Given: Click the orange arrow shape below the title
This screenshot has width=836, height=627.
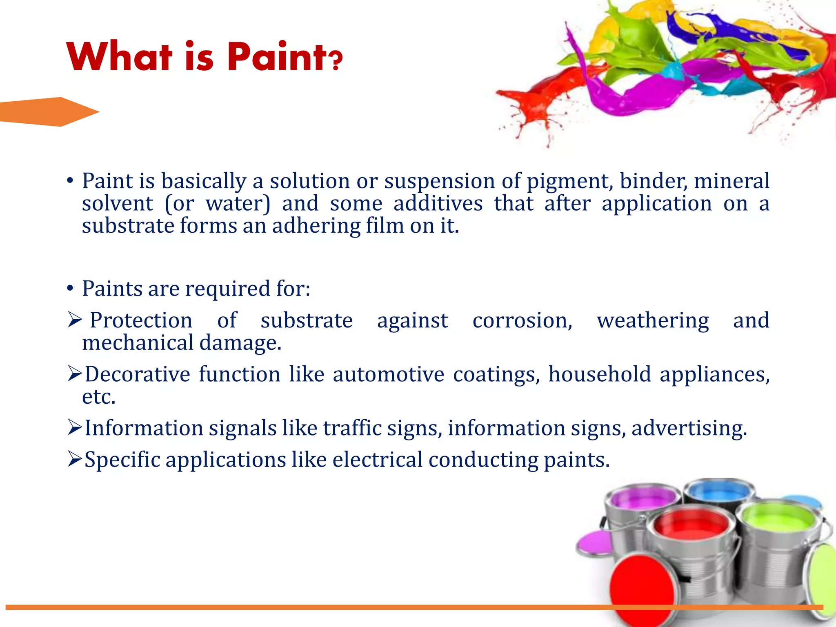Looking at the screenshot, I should pos(49,112).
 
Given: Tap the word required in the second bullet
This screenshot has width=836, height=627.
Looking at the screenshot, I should pos(228,289).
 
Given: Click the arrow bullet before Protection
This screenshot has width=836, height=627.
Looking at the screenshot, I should pos(75,320).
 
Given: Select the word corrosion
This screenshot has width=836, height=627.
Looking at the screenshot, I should pos(522,320).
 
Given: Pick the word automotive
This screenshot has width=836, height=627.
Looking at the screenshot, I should pos(388,374).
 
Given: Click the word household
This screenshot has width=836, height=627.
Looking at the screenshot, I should pos(599,374).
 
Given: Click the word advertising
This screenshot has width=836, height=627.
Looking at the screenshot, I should pos(689,429).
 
